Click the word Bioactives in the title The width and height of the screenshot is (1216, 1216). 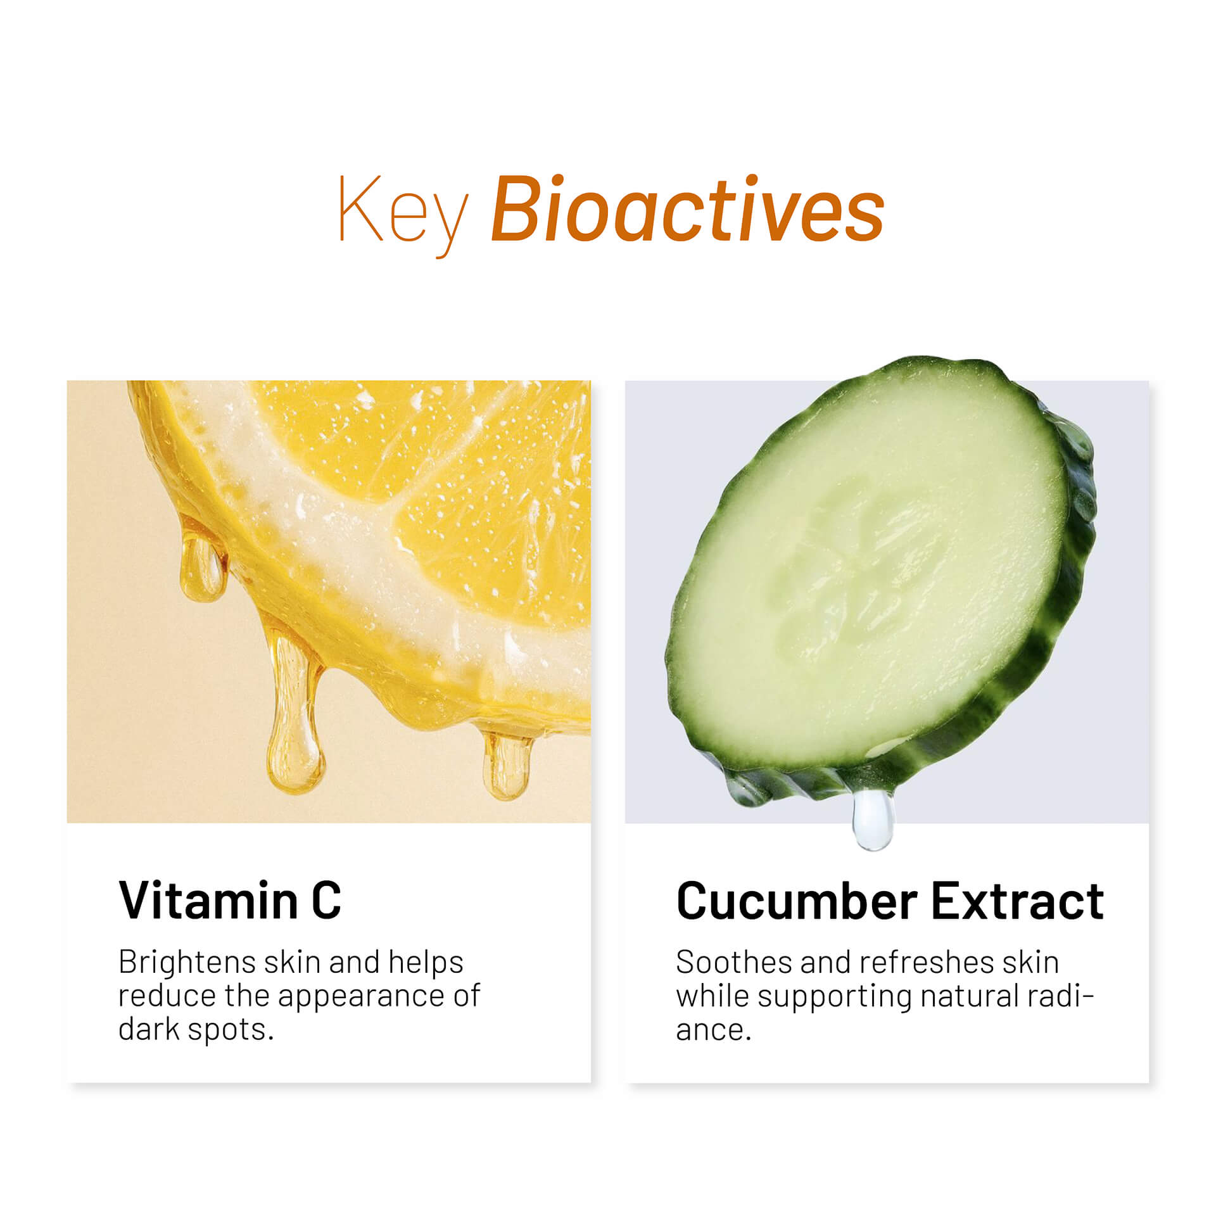688,209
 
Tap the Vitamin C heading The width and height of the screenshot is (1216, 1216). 230,899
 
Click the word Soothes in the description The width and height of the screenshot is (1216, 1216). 733,963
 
